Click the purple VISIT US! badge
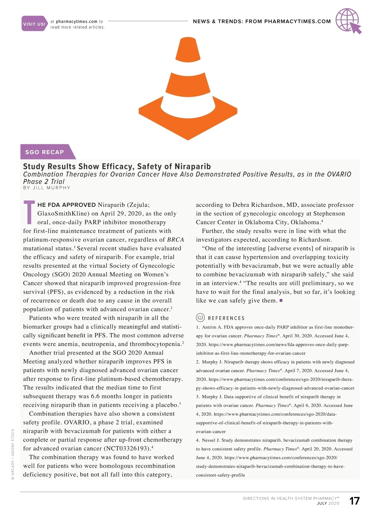coord(34,24)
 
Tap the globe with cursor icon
coord(348,21)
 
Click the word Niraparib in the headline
coord(193,167)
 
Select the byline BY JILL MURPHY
coord(47,188)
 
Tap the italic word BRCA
coord(175,240)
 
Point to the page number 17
coord(354,501)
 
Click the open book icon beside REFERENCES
coord(200,318)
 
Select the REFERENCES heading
coord(226,318)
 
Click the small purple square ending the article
coord(281,300)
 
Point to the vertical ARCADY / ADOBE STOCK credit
coord(13,454)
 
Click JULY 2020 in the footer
coord(328,503)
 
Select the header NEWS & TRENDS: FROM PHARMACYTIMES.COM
coord(262,22)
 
